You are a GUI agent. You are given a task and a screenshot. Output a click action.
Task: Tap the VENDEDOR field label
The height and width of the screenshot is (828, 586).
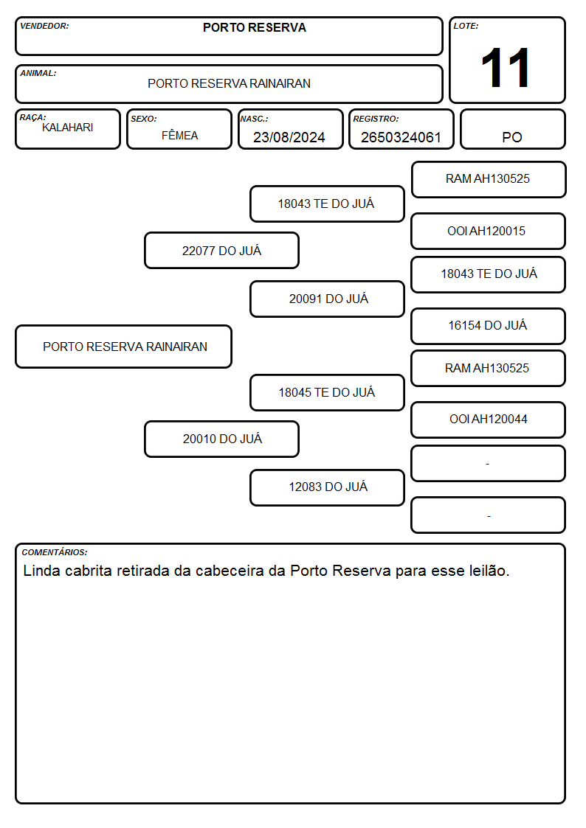coord(44,26)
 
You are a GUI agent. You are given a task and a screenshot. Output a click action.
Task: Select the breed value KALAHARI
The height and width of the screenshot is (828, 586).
coord(68,128)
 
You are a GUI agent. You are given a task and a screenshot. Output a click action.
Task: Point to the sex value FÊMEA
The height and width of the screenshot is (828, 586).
coord(179,135)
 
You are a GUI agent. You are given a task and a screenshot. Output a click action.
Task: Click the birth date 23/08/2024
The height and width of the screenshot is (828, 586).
coord(289,137)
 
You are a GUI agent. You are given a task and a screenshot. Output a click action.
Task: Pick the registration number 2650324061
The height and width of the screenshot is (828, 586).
coord(401,137)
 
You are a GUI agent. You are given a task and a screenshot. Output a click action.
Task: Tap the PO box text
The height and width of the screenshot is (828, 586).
coord(512,137)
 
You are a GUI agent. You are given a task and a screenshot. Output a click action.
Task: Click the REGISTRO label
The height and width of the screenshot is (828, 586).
coord(376,119)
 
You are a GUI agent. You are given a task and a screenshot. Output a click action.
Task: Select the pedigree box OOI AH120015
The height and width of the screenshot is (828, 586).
coord(489,231)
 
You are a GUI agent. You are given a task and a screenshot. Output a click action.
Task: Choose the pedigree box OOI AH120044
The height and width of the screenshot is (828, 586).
coord(489,420)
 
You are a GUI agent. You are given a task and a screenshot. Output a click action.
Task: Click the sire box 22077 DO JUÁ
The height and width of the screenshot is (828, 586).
coord(222,250)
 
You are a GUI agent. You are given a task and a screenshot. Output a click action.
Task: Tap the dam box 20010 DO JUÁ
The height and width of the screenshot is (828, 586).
coord(222,439)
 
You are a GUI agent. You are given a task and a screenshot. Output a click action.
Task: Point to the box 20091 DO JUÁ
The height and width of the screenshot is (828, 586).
coord(328,299)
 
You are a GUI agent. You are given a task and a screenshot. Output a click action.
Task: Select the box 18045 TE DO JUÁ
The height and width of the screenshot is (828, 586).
coord(328,392)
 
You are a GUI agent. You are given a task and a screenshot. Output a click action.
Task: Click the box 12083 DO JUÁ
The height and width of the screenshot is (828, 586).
coord(328,487)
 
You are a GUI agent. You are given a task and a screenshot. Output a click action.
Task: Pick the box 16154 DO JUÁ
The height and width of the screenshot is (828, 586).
coord(489,326)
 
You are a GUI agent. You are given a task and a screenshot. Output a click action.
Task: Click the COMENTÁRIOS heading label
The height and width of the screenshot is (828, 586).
coord(55,552)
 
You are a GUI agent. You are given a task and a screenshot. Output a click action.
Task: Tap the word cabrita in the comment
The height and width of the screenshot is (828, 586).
coord(89,571)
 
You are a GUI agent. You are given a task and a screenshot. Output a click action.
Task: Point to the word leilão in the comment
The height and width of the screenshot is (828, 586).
coord(489,571)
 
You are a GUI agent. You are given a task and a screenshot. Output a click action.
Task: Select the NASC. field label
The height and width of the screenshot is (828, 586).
coord(254,119)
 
